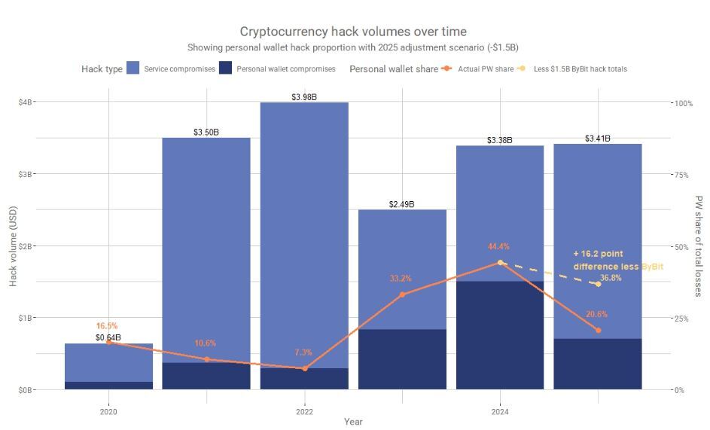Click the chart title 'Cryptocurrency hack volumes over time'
[x=353, y=31]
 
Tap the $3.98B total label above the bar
[x=304, y=97]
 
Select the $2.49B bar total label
[x=402, y=204]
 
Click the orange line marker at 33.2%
[x=402, y=294]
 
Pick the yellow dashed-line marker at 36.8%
[x=598, y=284]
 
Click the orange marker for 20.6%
[x=598, y=331]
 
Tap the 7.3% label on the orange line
[x=304, y=352]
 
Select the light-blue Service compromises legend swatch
[x=134, y=69]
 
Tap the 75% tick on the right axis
[x=681, y=174]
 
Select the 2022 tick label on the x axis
[x=304, y=412]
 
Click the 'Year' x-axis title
[x=353, y=422]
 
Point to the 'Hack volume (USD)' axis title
[x=13, y=245]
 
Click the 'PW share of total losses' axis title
[x=699, y=245]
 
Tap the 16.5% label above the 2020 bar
[x=107, y=326]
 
